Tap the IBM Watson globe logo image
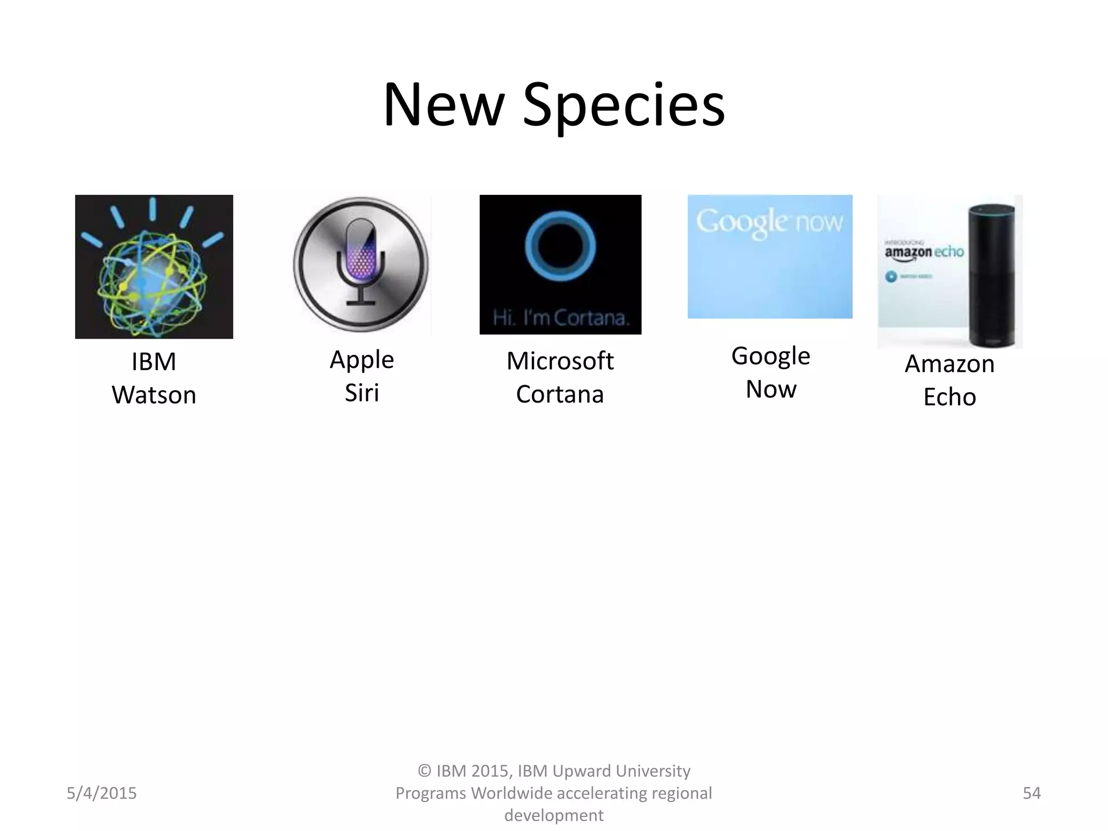tap(154, 267)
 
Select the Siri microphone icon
tap(361, 265)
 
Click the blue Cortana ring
tap(560, 247)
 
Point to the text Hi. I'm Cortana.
tap(561, 318)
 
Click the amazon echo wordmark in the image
tap(924, 252)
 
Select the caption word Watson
tap(154, 395)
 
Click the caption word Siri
tap(361, 393)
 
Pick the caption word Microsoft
tap(560, 361)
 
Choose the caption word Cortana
tap(560, 394)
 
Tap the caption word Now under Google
tap(771, 390)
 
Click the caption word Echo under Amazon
tap(949, 397)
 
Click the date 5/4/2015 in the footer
tap(102, 793)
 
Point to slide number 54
tap(1031, 793)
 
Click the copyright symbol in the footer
tap(424, 771)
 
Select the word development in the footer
tap(553, 815)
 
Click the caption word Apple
tap(361, 360)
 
